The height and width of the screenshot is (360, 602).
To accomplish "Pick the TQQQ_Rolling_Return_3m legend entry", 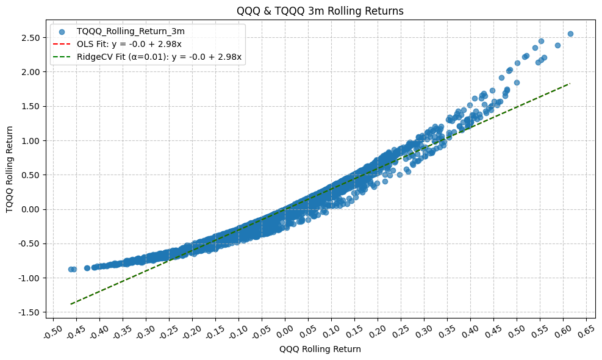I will pyautogui.click(x=135, y=31).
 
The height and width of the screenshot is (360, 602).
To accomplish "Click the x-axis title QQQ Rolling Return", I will pyautogui.click(x=320, y=350).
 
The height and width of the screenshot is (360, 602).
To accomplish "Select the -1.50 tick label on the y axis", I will pyautogui.click(x=30, y=312).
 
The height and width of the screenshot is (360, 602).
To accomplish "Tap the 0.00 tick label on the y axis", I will pyautogui.click(x=31, y=209).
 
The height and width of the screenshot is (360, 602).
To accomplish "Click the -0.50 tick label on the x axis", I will pyautogui.click(x=53, y=332).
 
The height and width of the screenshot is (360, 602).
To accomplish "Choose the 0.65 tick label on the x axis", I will pyautogui.click(x=586, y=332).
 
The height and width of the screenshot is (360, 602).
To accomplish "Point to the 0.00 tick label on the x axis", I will pyautogui.click(x=285, y=332).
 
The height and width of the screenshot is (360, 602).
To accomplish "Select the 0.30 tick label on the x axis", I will pyautogui.click(x=424, y=332).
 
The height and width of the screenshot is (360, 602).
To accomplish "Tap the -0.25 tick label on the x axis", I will pyautogui.click(x=169, y=332).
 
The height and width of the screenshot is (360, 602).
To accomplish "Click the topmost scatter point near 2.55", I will pyautogui.click(x=570, y=34).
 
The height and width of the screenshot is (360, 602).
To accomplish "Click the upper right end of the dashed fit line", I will pyautogui.click(x=570, y=84).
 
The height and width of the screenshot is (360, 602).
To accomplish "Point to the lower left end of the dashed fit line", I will pyautogui.click(x=71, y=304).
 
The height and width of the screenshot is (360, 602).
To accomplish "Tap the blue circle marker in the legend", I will pyautogui.click(x=62, y=31).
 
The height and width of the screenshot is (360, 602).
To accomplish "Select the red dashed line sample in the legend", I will pyautogui.click(x=62, y=44).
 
